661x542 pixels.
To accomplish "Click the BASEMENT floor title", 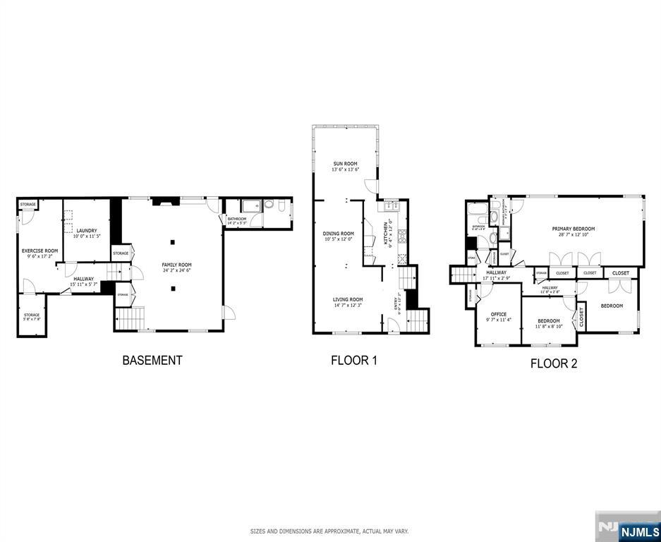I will coord(152,360).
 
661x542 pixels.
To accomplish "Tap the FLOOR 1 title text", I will coord(354,360).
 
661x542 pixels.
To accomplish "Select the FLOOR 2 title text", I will coord(554,364).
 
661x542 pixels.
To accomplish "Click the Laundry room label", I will coord(87,231).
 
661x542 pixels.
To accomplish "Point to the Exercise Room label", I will coord(40,251).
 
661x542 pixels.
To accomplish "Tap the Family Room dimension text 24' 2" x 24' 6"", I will coord(176,270).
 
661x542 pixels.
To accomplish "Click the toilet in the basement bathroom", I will coord(269,206).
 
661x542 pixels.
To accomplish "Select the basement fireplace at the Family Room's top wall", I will coord(162,200).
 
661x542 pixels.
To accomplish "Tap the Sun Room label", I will coord(346,164).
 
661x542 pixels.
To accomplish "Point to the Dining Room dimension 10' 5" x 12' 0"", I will coord(339,239).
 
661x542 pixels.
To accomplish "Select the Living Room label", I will coord(348,299).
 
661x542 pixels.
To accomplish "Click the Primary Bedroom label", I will coord(574,229).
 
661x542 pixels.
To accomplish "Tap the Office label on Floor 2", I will coord(499,314).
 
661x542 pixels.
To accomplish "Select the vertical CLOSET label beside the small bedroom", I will coord(582,318).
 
